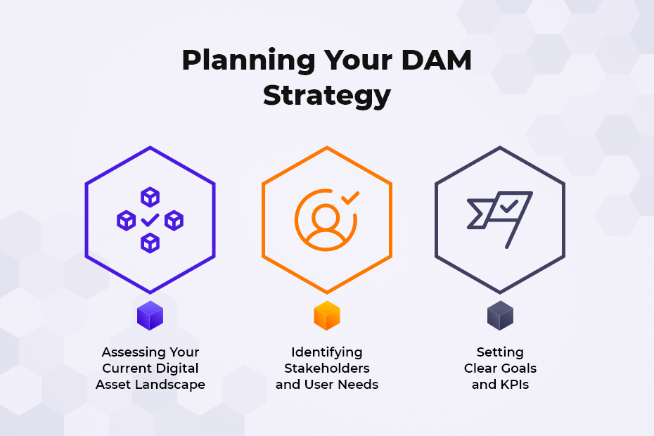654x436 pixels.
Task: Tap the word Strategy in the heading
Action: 326,95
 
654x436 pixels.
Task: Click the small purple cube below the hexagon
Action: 150,316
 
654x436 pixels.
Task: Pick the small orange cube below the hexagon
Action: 327,316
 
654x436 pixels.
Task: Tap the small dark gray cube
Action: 500,316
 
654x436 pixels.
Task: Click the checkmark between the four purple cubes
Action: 150,221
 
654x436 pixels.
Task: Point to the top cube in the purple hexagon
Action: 150,197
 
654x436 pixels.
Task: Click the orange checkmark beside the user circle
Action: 350,198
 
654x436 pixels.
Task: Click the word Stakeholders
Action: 327,368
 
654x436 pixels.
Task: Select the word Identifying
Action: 327,352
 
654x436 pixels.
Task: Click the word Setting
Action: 500,352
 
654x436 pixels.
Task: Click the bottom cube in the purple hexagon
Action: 150,243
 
